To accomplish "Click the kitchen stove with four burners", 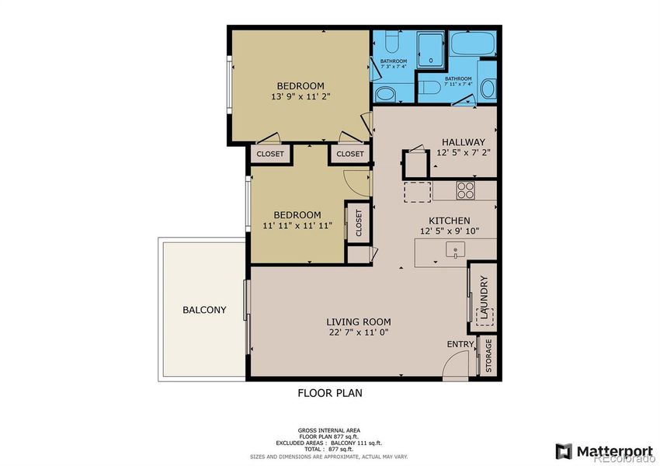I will click(x=465, y=190).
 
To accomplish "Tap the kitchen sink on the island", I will click(x=455, y=250).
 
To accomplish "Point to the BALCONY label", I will click(x=204, y=310).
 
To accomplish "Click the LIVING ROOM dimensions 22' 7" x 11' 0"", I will click(x=357, y=332).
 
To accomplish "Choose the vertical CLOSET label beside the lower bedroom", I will click(x=358, y=223).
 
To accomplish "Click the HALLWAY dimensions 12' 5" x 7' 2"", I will click(x=463, y=153).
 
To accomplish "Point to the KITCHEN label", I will click(x=445, y=221).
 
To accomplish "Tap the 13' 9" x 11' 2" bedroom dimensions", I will click(x=300, y=97).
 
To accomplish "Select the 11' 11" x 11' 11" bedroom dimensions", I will click(x=297, y=226).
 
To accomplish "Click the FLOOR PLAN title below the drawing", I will click(x=330, y=393).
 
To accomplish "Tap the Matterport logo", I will click(x=596, y=451).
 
